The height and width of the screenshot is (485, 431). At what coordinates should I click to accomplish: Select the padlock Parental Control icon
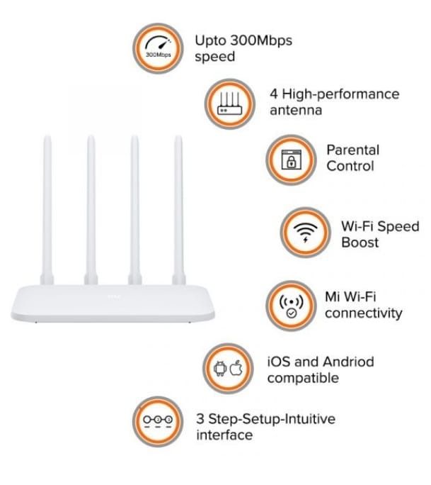point(289,158)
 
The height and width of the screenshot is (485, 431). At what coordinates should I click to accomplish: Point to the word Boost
point(360,242)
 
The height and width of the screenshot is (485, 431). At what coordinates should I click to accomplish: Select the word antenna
point(296,111)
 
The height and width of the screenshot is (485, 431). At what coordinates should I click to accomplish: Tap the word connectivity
point(363,313)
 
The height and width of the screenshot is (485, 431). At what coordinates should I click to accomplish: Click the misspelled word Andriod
point(347,362)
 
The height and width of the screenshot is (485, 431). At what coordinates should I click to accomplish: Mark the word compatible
point(302,379)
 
